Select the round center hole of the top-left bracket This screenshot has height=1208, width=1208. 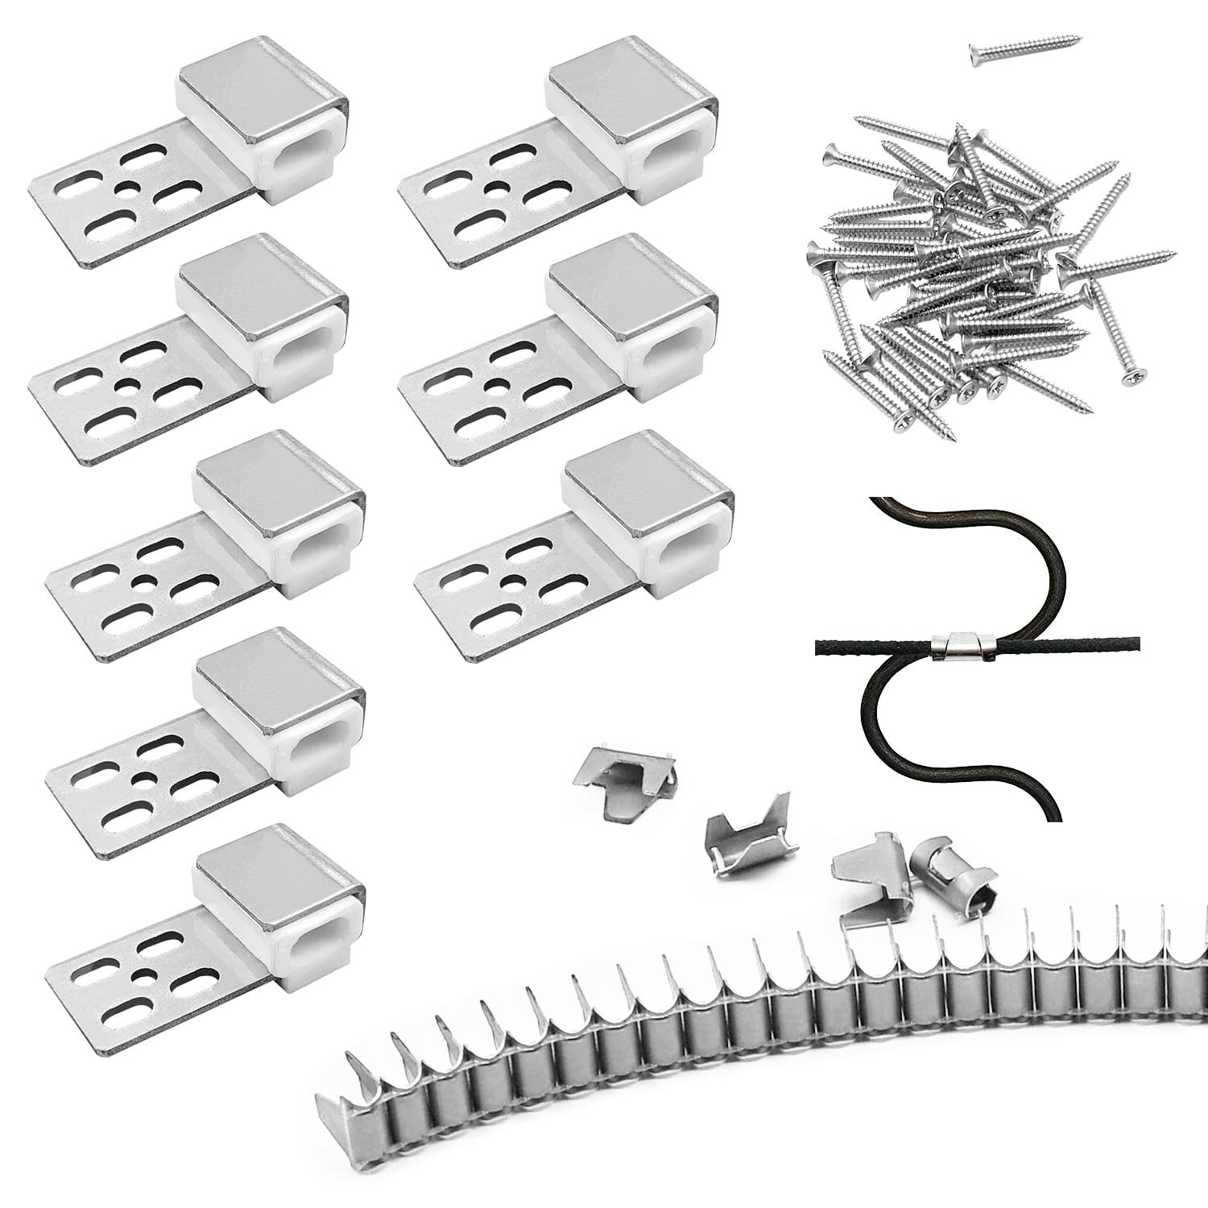click(x=125, y=188)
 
